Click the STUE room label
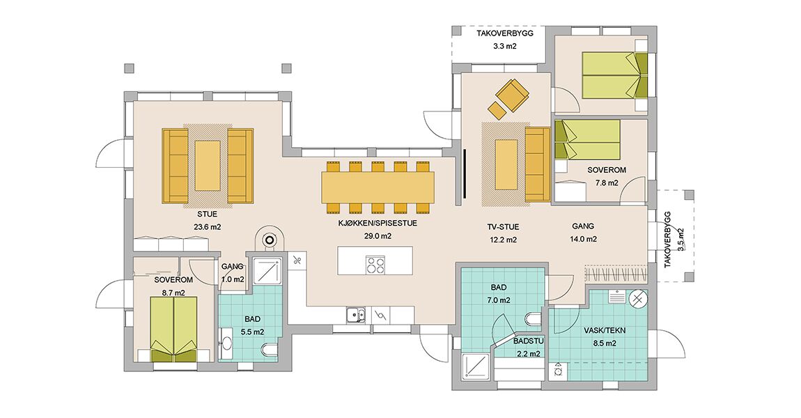click(x=207, y=214)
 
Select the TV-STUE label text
click(x=503, y=227)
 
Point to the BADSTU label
click(x=529, y=341)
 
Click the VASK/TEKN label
click(x=605, y=331)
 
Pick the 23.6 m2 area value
click(x=208, y=227)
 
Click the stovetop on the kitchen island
click(x=375, y=264)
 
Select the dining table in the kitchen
click(x=378, y=187)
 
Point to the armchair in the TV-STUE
click(x=513, y=95)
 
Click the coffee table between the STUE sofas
click(x=208, y=166)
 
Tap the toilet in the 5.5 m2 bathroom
click(x=269, y=350)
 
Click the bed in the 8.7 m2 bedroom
click(x=173, y=329)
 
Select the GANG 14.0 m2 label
click(x=583, y=233)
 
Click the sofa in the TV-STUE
click(x=538, y=164)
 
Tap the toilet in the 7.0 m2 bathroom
click(x=534, y=320)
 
